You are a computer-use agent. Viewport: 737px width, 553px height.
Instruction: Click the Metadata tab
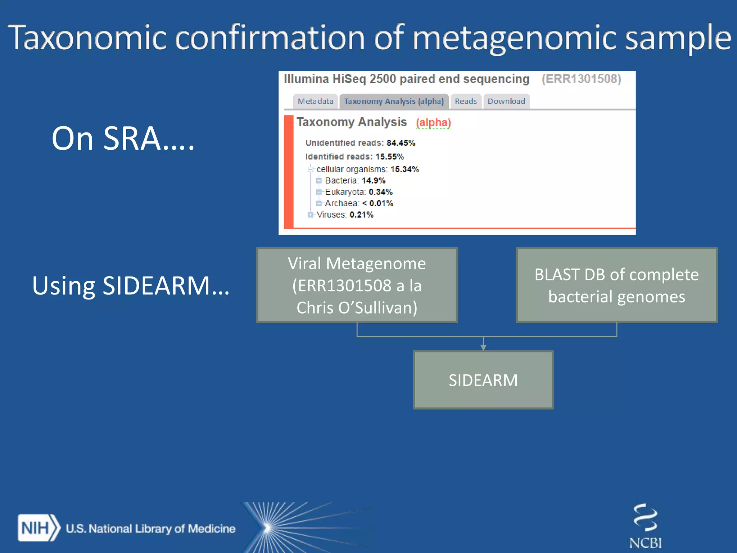pos(315,101)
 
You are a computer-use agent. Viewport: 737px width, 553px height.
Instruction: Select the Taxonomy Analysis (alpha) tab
pos(394,101)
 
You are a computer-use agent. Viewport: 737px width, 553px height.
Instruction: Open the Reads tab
pos(465,101)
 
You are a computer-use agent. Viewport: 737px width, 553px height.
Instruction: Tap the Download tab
pos(506,101)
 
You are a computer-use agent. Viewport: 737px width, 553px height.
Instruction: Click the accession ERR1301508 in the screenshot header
pos(581,79)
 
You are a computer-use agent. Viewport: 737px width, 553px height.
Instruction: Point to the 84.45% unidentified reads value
pos(401,143)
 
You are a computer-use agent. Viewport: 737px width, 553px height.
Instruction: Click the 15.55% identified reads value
pos(389,157)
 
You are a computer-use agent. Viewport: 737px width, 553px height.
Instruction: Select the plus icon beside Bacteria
pos(319,181)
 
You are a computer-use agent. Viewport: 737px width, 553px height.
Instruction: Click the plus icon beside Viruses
pos(311,215)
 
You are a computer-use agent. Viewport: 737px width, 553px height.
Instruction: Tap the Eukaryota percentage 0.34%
pos(380,192)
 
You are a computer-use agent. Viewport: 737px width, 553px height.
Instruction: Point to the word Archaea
pos(342,203)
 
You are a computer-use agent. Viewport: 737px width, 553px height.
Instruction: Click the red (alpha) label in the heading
pos(433,123)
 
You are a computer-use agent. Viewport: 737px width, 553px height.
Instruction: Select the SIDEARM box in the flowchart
pos(483,380)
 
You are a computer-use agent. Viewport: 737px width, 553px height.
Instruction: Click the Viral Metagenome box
pos(357,285)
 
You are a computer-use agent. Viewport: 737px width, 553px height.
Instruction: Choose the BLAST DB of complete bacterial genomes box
pos(616,285)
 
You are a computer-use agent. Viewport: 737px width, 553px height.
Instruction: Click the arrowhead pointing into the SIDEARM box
pos(483,347)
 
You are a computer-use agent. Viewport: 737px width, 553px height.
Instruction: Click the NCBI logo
pos(645,526)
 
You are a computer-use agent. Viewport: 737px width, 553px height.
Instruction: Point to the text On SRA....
pos(123,138)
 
